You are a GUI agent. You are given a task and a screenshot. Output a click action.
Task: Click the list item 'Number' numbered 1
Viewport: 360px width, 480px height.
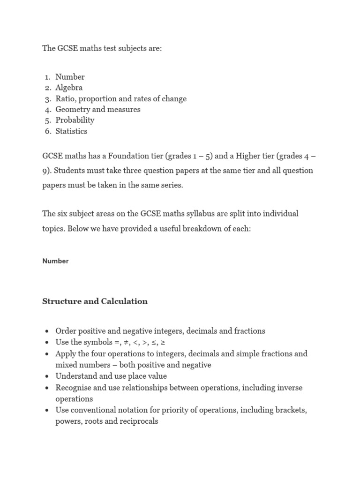click(x=70, y=77)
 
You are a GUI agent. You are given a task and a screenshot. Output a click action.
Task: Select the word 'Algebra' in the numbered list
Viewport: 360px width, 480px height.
click(x=69, y=88)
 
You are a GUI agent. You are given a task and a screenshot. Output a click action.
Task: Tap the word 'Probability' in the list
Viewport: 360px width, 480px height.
click(x=75, y=120)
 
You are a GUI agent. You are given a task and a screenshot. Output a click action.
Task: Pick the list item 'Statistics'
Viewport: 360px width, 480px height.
click(x=71, y=131)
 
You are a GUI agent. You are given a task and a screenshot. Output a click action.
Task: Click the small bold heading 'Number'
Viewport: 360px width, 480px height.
click(x=55, y=261)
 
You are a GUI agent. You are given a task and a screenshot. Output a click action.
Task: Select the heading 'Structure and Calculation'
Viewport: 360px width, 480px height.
click(x=95, y=301)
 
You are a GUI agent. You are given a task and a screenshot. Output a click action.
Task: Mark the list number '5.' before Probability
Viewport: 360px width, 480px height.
click(x=48, y=120)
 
